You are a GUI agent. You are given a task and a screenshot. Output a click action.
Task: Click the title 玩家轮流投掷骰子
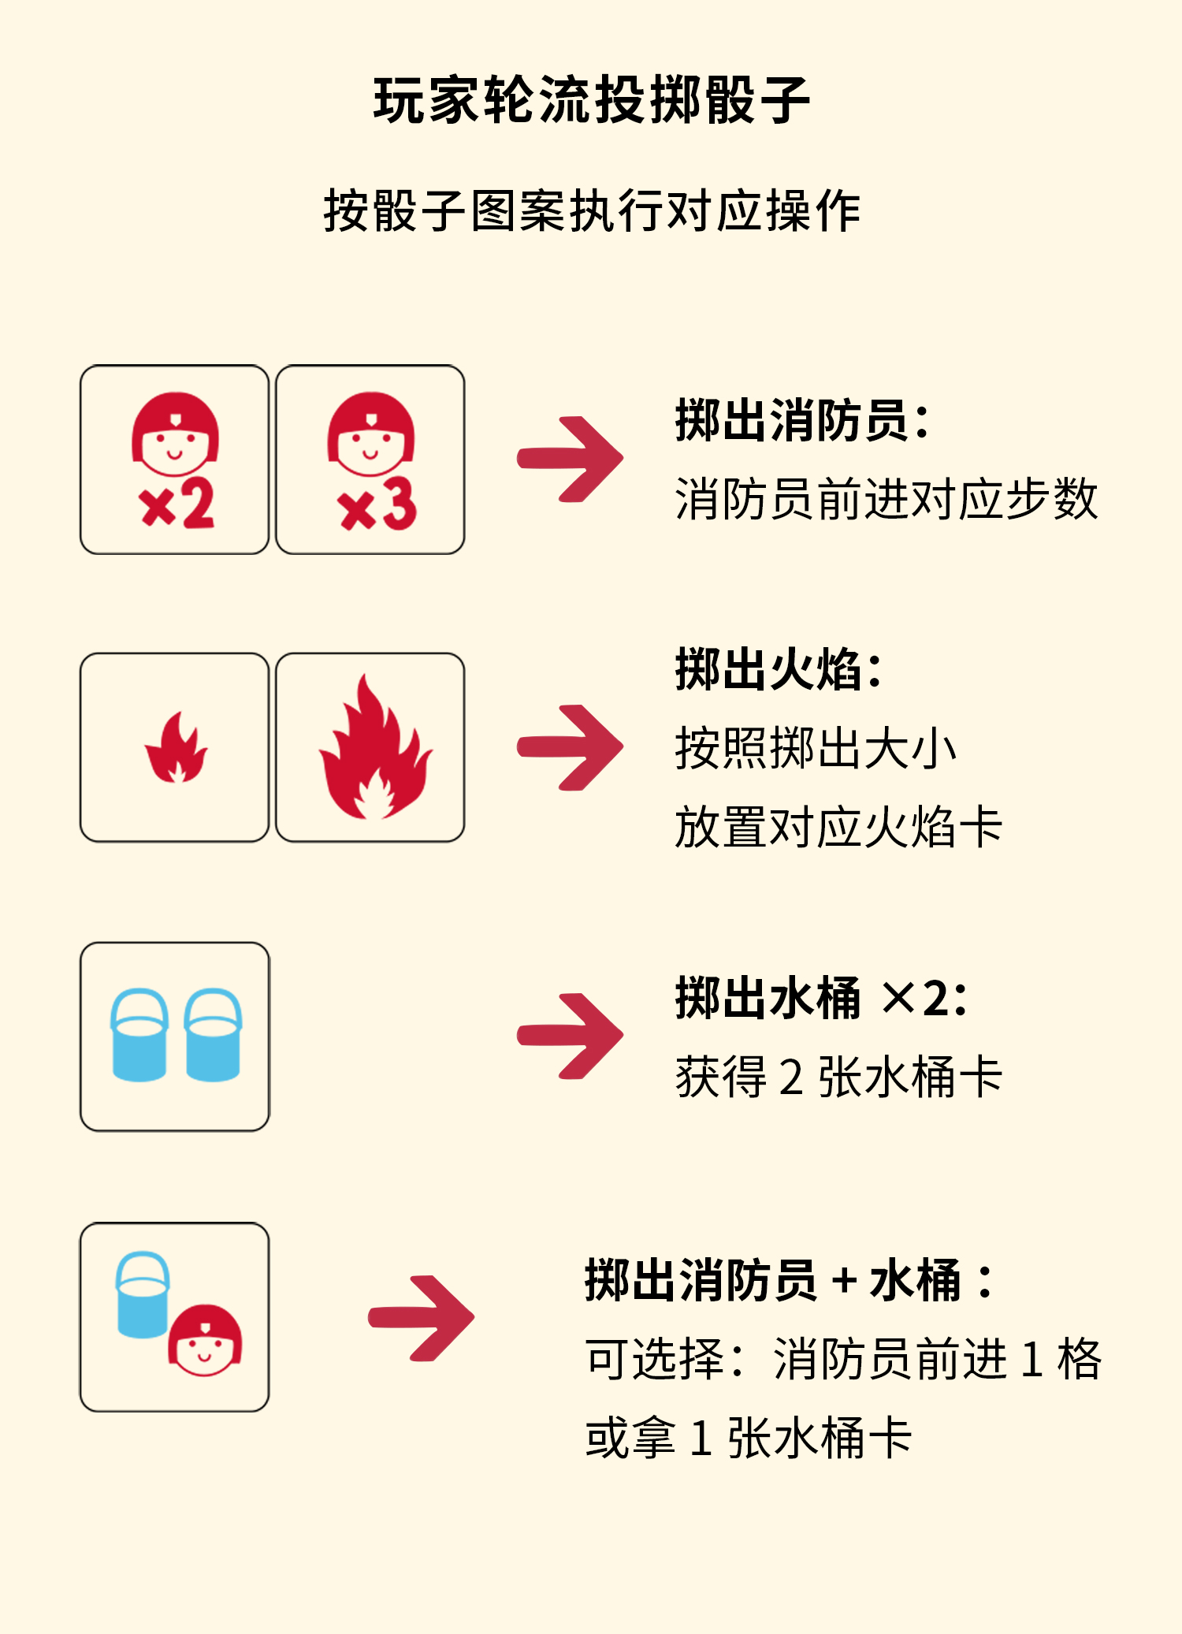[x=591, y=100]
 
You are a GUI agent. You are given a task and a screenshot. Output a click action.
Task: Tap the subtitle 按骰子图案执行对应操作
[x=591, y=211]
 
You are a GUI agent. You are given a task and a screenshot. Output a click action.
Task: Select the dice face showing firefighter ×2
[x=175, y=460]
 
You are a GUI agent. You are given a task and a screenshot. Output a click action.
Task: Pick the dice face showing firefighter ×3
[x=370, y=460]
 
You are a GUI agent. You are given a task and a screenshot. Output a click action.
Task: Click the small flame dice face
[x=175, y=747]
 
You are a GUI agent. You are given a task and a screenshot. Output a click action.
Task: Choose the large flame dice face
[x=370, y=747]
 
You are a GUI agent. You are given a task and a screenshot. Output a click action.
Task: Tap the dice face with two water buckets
[x=175, y=1037]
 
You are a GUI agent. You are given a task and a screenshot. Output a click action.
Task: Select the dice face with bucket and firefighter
[x=175, y=1317]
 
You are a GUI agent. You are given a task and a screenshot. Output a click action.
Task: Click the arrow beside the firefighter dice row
[x=571, y=459]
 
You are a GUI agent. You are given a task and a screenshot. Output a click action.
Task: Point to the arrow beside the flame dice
[x=571, y=747]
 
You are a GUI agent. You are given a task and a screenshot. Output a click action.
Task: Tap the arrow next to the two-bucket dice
[x=571, y=1036]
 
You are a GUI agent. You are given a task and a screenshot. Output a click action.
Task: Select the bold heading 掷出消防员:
[x=802, y=420]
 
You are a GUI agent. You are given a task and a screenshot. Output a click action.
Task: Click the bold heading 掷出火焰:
[x=779, y=669]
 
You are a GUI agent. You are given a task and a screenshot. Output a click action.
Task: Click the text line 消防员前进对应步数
[x=886, y=499]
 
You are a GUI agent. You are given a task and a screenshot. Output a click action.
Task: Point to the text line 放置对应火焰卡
[x=838, y=827]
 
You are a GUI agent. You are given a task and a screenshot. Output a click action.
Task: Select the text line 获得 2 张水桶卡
[x=838, y=1077]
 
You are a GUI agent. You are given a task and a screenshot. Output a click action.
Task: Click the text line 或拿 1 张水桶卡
[x=749, y=1438]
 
